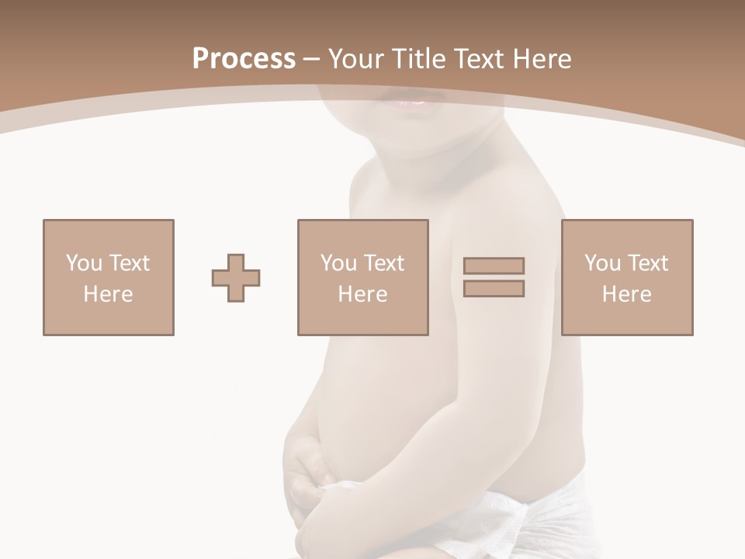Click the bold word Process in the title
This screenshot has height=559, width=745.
(x=244, y=59)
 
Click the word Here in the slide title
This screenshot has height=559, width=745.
(x=543, y=59)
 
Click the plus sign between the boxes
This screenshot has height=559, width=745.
(x=236, y=278)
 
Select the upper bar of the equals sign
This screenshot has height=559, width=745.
(x=494, y=266)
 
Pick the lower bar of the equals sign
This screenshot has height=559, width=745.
(x=494, y=289)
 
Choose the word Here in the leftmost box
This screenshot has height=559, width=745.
(x=109, y=294)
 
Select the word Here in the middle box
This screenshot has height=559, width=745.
(x=363, y=294)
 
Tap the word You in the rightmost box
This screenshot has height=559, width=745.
(x=602, y=263)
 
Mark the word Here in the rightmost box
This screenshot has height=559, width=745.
(x=627, y=294)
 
